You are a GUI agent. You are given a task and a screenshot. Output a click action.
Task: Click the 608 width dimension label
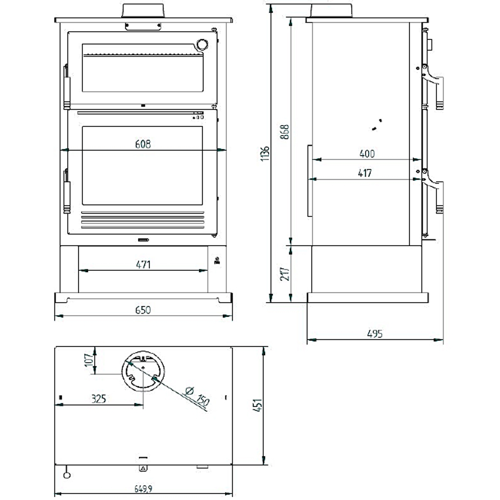[x=143, y=144]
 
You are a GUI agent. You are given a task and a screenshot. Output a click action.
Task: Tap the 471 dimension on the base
[x=143, y=265]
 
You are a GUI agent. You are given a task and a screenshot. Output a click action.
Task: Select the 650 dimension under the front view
[x=143, y=310]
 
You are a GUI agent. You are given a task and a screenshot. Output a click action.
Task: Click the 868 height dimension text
[x=285, y=132]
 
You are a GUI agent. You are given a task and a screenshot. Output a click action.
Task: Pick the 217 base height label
[x=285, y=273]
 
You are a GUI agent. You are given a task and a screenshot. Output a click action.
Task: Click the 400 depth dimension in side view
[x=367, y=154]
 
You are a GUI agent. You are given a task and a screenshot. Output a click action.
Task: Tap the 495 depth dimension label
[x=375, y=334]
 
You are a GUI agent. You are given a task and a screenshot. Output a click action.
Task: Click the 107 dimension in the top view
[x=88, y=360]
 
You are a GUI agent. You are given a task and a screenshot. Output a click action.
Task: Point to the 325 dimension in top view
[x=99, y=399]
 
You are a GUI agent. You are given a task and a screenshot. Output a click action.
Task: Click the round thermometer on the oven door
[x=202, y=44]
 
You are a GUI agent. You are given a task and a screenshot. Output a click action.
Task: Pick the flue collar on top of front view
[x=142, y=11]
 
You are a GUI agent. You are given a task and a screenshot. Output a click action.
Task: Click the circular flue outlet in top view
[x=143, y=370]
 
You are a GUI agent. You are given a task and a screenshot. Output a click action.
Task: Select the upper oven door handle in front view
[x=66, y=87]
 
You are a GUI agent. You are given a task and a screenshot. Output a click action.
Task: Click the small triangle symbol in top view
[x=143, y=468]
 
